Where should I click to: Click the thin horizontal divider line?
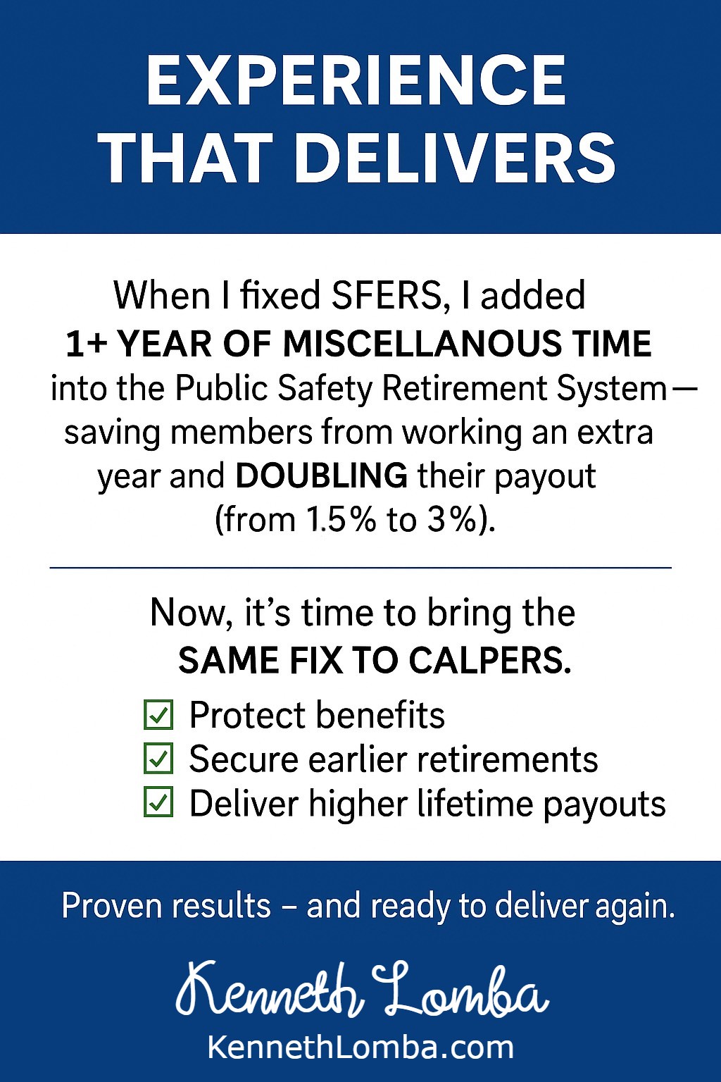point(360,568)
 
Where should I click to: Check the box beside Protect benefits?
point(158,716)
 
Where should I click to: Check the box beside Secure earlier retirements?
point(158,761)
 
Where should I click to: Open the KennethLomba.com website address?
point(360,1046)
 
